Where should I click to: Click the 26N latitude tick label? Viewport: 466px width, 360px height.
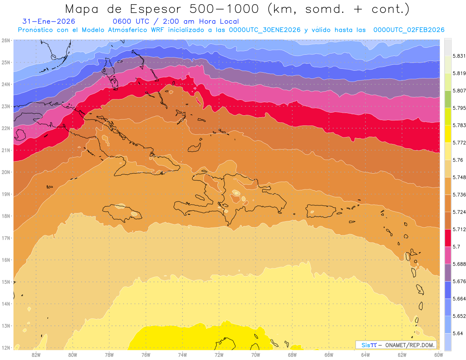click(x=6, y=40)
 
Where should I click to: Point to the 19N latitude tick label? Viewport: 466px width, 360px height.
click(x=6, y=194)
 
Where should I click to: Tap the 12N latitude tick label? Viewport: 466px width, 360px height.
click(x=6, y=348)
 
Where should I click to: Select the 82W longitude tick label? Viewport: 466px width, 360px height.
click(x=36, y=355)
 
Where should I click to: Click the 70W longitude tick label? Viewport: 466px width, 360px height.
click(x=256, y=355)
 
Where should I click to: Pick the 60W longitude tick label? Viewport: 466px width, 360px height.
click(x=439, y=355)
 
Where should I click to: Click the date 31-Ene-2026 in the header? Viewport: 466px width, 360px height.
click(x=49, y=22)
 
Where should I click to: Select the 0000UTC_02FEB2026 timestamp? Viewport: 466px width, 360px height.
click(x=409, y=30)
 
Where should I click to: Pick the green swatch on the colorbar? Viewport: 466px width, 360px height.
click(x=448, y=99)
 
